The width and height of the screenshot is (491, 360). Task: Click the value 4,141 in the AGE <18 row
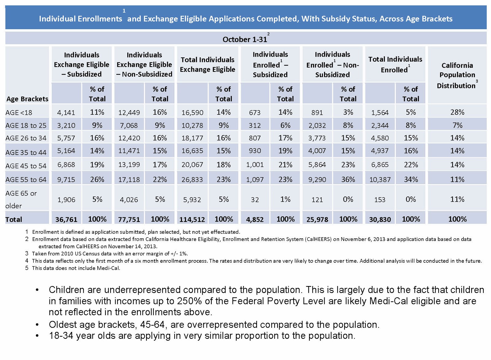point(66,113)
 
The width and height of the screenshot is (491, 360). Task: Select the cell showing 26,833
point(192,180)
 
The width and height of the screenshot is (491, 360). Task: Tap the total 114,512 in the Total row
point(192,219)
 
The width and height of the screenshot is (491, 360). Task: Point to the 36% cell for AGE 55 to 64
point(348,180)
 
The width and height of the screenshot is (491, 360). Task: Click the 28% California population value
point(457,112)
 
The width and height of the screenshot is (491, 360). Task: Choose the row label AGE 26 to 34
point(26,138)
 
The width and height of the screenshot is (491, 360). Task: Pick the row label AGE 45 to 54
point(26,166)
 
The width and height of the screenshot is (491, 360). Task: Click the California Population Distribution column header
point(457,75)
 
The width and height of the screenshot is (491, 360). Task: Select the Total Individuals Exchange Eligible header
point(207,64)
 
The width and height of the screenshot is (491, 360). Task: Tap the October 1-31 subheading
point(245,40)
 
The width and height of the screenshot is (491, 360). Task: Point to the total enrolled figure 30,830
point(380,219)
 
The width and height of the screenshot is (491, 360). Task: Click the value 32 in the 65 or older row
point(255,200)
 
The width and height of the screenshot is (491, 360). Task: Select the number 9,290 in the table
point(317,180)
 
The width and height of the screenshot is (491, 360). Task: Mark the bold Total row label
point(14,219)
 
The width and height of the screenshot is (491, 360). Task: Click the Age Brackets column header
point(27,99)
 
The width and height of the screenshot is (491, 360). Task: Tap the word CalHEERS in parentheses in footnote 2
point(318,239)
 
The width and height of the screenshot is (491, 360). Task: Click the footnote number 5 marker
point(27,268)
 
